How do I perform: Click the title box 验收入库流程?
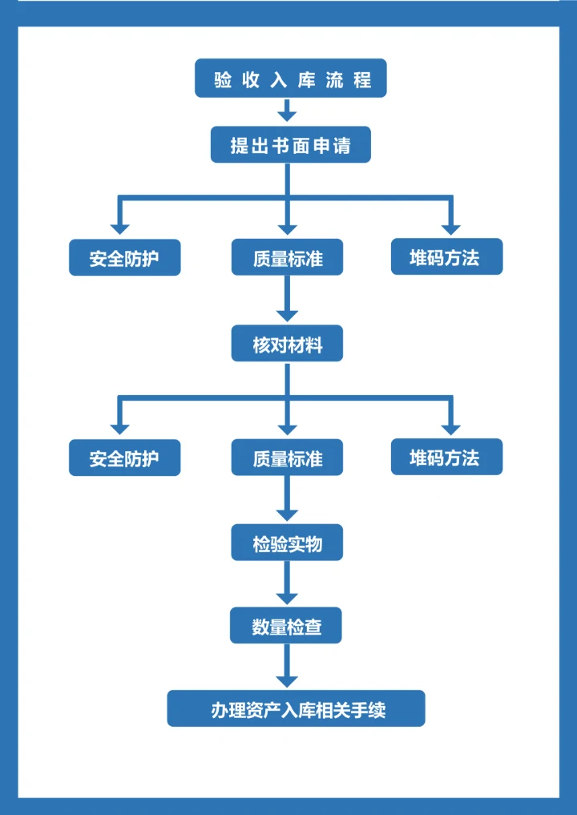(x=290, y=79)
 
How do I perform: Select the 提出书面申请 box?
(x=290, y=145)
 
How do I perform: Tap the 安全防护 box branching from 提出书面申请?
(x=124, y=257)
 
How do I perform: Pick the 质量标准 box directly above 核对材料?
(x=288, y=257)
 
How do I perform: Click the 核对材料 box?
(x=288, y=344)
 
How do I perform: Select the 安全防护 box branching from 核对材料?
(x=124, y=458)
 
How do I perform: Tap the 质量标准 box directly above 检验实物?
(x=288, y=458)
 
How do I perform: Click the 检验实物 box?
(x=288, y=543)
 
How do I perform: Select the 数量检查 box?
(x=286, y=625)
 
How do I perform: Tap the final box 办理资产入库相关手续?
(x=296, y=708)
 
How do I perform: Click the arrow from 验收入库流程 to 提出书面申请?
(x=288, y=111)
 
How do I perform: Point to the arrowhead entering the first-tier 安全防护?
(x=120, y=227)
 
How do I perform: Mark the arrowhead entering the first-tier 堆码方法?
(x=450, y=227)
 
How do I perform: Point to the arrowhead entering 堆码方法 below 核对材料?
(x=450, y=427)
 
